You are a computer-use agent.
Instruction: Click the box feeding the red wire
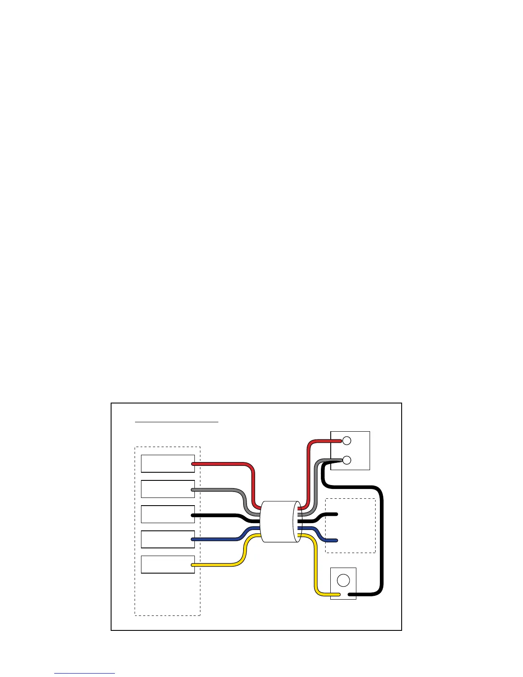[167, 464]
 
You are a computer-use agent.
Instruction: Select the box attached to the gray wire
[167, 489]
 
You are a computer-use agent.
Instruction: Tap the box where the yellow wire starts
[167, 565]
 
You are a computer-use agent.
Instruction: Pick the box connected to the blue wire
[167, 539]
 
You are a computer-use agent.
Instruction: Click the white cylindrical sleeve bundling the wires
[280, 522]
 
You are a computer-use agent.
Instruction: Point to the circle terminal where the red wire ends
[347, 440]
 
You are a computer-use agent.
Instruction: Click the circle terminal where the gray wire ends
[347, 460]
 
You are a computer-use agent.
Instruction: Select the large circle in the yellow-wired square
[343, 580]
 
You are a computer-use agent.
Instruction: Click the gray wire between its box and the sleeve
[218, 489]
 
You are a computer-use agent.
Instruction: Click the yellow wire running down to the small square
[315, 568]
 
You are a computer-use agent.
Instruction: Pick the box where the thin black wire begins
[167, 514]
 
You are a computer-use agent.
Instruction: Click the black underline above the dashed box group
[176, 422]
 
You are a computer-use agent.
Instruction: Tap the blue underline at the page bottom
[85, 674]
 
